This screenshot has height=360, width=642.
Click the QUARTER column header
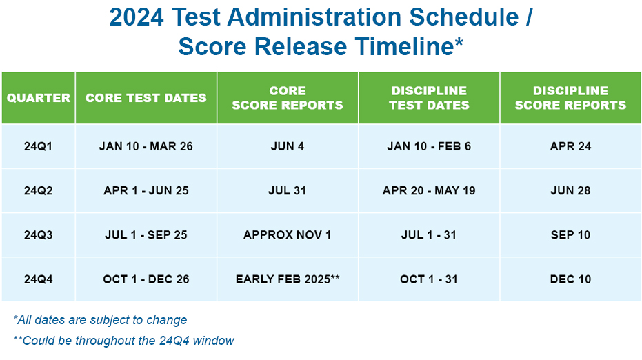[x=39, y=98]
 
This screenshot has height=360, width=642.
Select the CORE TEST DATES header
[x=146, y=98]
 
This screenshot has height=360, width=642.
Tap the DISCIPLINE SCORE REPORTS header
[x=570, y=98]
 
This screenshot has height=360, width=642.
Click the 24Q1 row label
[x=39, y=146]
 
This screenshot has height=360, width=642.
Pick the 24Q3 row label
[x=39, y=234]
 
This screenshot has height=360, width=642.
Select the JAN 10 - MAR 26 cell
[x=146, y=146]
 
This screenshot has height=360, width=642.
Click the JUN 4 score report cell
[x=288, y=146]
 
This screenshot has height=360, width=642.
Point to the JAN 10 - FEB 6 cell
[x=429, y=146]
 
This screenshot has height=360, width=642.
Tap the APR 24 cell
[x=570, y=146]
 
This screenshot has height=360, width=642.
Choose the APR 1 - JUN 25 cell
[x=146, y=190]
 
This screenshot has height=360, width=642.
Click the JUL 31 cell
[x=288, y=190]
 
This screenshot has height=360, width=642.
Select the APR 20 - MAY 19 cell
[x=429, y=190]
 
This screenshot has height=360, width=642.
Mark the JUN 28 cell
[x=570, y=190]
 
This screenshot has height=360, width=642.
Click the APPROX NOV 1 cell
[x=288, y=234]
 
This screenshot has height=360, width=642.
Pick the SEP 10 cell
[x=570, y=234]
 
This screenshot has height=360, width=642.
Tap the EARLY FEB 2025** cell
[x=288, y=279]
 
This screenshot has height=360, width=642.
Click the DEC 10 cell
[x=570, y=279]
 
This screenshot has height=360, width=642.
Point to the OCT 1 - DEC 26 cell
[x=146, y=279]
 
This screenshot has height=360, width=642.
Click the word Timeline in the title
[x=409, y=46]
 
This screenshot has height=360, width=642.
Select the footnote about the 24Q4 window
[x=123, y=340]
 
